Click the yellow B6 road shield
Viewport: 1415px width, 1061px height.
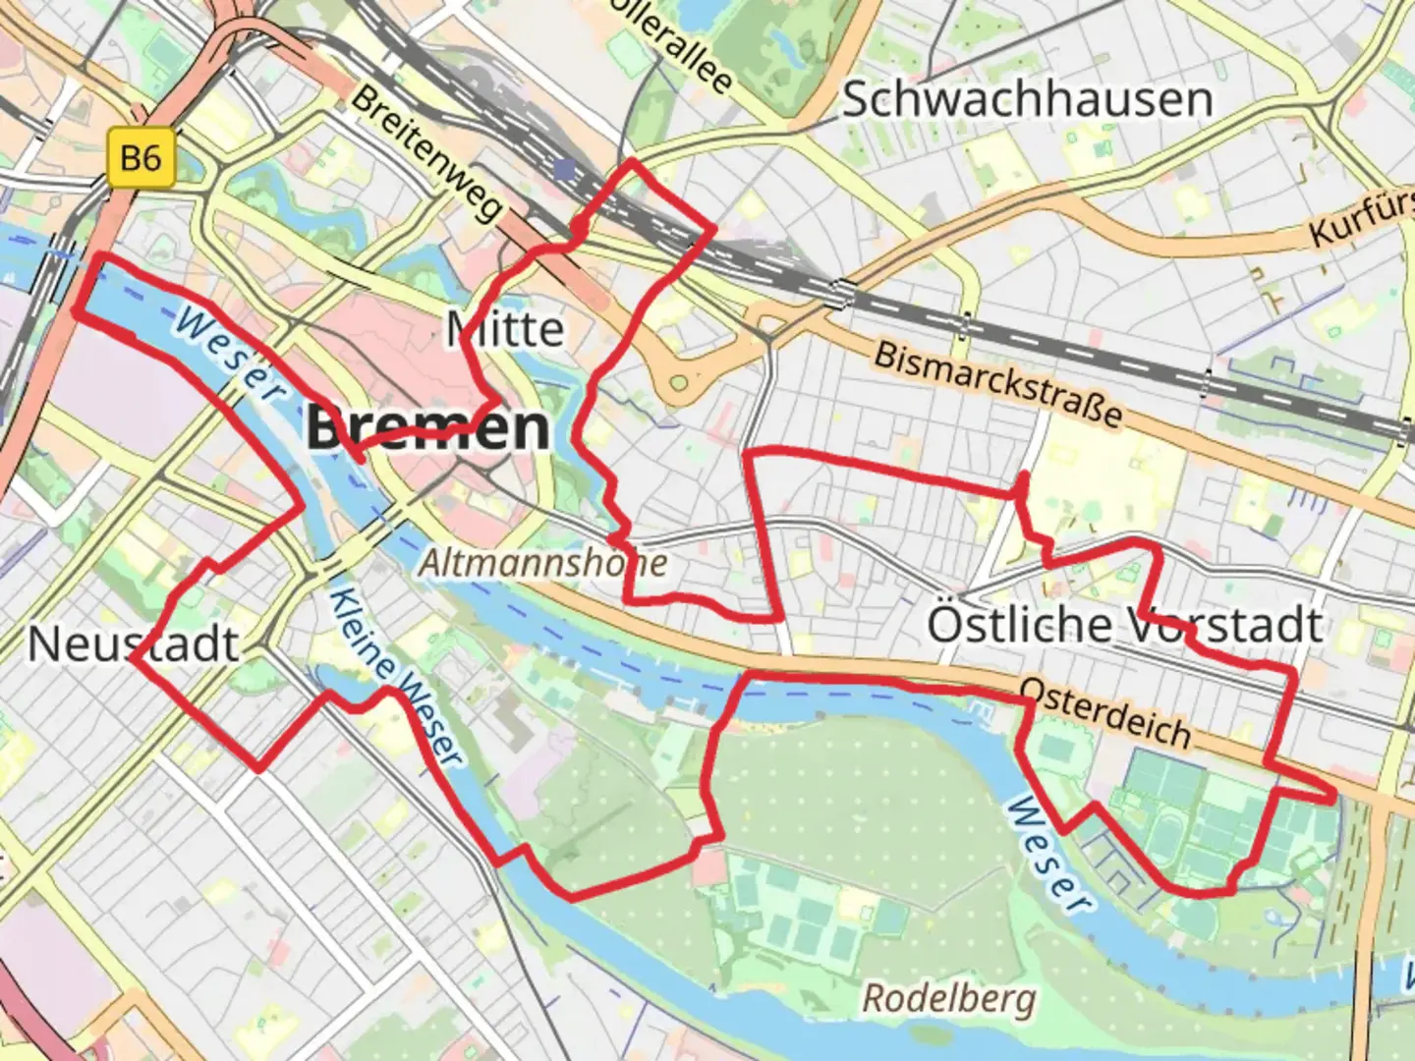[x=141, y=157]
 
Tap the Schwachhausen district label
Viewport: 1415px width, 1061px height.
[x=1027, y=99]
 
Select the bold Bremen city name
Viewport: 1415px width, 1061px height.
[x=427, y=428]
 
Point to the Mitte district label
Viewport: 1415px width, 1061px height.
[x=506, y=328]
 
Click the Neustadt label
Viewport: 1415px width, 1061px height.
[x=134, y=644]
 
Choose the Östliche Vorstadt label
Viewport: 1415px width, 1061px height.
[x=1125, y=625]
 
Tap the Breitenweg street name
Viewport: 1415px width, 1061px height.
[x=426, y=153]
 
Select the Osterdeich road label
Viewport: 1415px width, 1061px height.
[x=1105, y=711]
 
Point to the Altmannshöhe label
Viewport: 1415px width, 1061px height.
[x=543, y=563]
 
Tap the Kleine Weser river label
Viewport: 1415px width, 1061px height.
[x=394, y=677]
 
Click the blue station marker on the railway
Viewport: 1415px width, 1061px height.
[x=564, y=170]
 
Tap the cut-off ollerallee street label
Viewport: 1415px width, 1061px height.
[x=669, y=43]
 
